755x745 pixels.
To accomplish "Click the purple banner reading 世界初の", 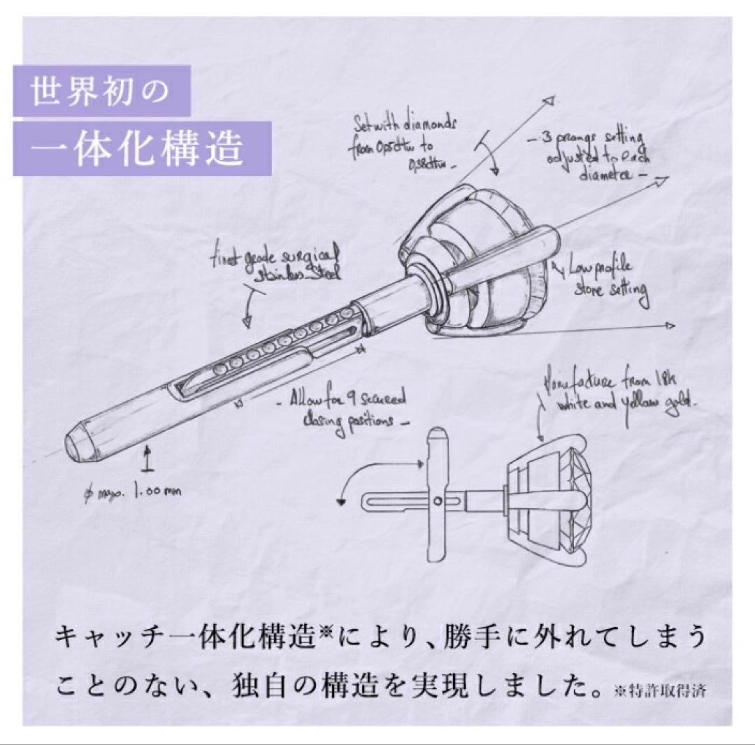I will (101, 90).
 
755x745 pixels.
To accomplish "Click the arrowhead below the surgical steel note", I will (246, 321).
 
